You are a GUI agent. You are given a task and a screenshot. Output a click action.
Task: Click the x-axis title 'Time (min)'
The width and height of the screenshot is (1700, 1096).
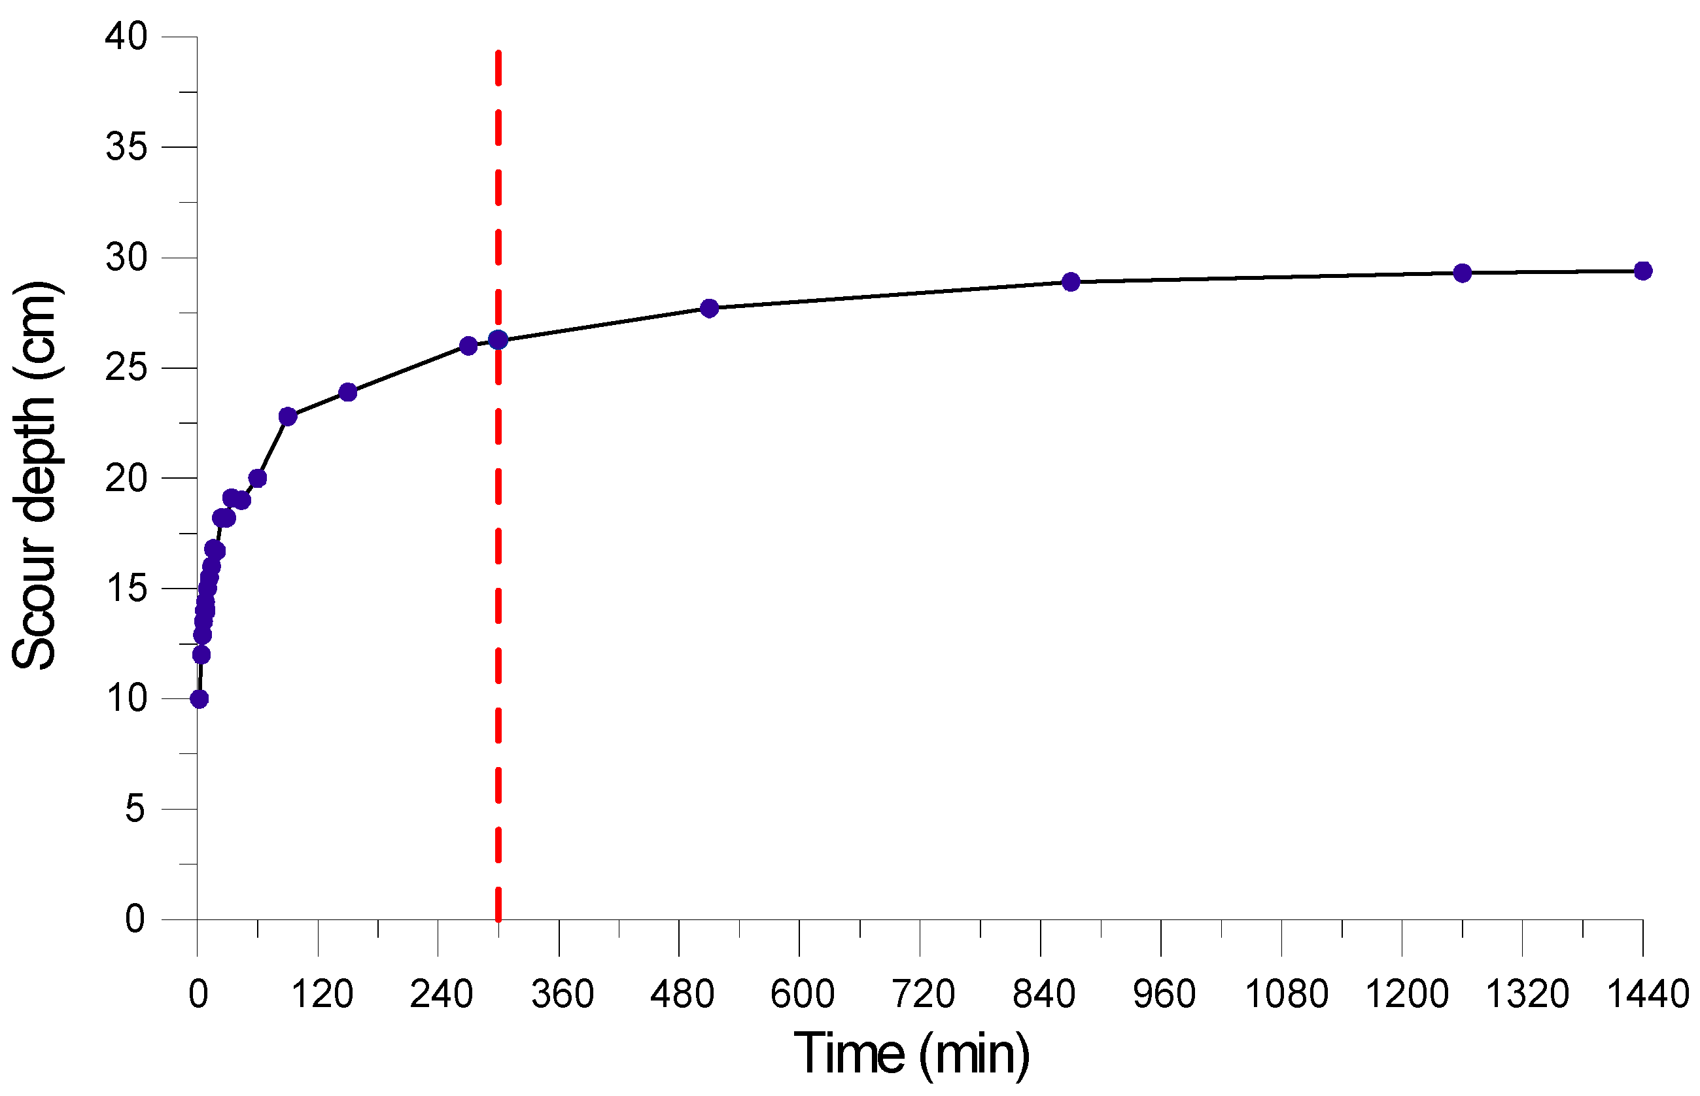pyautogui.click(x=911, y=1053)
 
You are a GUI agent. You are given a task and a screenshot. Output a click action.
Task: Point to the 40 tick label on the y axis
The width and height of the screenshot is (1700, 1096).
pyautogui.click(x=126, y=37)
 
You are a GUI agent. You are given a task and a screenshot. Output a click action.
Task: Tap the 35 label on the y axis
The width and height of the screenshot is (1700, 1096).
pyautogui.click(x=126, y=147)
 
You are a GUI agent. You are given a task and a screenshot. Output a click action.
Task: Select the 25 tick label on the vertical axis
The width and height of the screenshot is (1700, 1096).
pyautogui.click(x=126, y=368)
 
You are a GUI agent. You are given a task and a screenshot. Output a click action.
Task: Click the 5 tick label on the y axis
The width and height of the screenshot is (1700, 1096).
pyautogui.click(x=135, y=809)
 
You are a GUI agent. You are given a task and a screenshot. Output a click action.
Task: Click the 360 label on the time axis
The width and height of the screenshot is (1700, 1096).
pyautogui.click(x=563, y=994)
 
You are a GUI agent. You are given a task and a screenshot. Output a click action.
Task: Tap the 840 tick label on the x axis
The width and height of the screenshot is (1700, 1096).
pyautogui.click(x=1044, y=994)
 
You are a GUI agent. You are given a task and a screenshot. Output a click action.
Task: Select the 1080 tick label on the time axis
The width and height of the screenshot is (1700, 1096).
pyautogui.click(x=1287, y=994)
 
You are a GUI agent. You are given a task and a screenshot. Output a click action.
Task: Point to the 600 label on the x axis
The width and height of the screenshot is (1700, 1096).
pyautogui.click(x=803, y=994)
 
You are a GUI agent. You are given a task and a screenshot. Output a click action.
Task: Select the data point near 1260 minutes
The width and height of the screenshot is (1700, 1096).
pyautogui.click(x=1462, y=273)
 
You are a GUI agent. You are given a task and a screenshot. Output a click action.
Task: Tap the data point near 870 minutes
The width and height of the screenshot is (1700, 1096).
pyautogui.click(x=1071, y=282)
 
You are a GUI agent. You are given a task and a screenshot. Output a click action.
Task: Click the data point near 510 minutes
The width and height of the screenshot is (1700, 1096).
pyautogui.click(x=709, y=308)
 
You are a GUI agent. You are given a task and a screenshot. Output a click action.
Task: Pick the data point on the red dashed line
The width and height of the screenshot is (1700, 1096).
pyautogui.click(x=498, y=339)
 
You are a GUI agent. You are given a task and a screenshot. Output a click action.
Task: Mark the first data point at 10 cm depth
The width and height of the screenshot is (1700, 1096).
pyautogui.click(x=199, y=699)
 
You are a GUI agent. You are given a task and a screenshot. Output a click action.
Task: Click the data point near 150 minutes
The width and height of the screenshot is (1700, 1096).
pyautogui.click(x=347, y=392)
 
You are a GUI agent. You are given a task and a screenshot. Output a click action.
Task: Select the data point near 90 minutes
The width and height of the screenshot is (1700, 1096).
pyautogui.click(x=288, y=417)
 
